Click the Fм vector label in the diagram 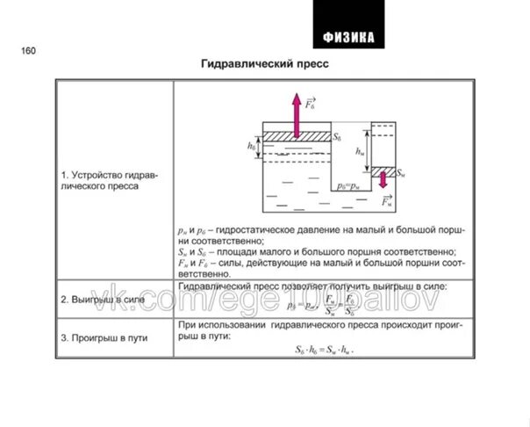pos(387,201)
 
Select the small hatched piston pos(383,170)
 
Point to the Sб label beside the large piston pos(337,138)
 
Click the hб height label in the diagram pos(252,146)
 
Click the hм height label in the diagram pos(360,152)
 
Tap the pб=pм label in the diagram pos(349,187)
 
